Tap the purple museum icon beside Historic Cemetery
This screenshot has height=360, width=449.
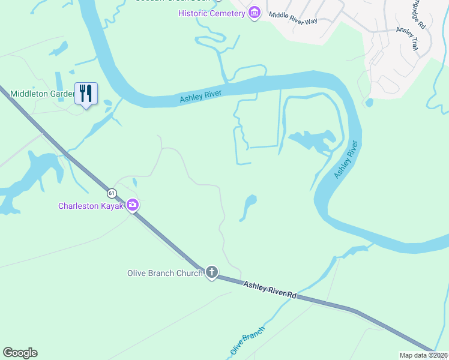pos(254,13)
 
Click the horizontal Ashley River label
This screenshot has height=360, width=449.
pos(200,96)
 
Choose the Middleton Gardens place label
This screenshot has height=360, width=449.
pos(36,94)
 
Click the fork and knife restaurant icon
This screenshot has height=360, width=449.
pos(86,94)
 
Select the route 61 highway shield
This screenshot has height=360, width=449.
pos(111,193)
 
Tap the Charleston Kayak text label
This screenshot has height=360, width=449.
pos(91,206)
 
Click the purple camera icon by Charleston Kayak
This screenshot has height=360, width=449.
pos(133,205)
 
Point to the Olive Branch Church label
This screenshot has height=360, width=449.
pos(164,273)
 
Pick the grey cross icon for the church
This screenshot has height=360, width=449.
pos(211,272)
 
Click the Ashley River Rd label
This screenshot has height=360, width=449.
pos(270,289)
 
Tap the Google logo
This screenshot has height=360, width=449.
pos(20,353)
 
